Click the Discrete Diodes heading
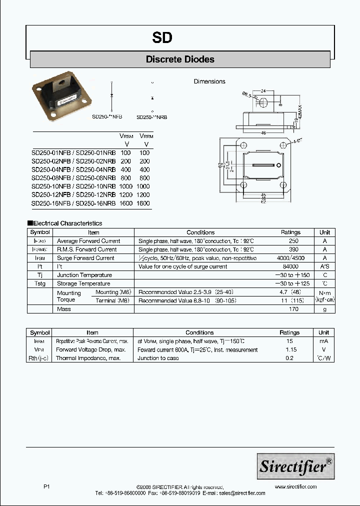click(x=180, y=59)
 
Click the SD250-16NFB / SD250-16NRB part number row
click(x=73, y=203)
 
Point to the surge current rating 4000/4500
click(x=290, y=258)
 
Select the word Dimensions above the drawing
click(x=209, y=81)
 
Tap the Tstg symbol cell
click(x=40, y=283)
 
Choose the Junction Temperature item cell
click(x=84, y=275)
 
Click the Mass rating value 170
click(x=293, y=309)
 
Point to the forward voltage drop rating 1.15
click(x=291, y=350)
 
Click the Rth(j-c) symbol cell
click(x=40, y=358)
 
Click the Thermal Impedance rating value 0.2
click(x=289, y=358)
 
